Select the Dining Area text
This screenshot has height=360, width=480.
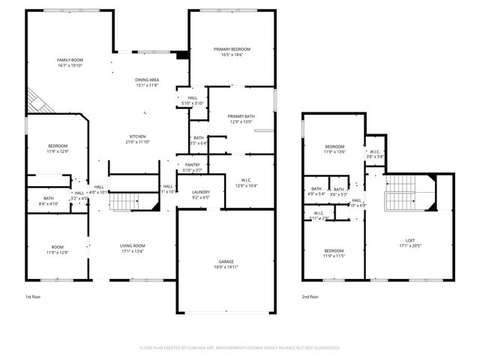click(x=146, y=79)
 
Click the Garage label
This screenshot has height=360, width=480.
click(x=226, y=262)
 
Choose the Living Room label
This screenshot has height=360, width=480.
click(x=133, y=245)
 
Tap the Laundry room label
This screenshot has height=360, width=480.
click(x=200, y=192)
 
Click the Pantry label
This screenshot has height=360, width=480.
click(x=191, y=164)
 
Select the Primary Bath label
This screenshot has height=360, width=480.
click(x=241, y=116)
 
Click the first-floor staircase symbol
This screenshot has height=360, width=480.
click(x=125, y=200)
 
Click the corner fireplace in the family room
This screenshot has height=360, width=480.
click(x=37, y=101)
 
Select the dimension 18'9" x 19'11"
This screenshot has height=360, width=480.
click(x=226, y=267)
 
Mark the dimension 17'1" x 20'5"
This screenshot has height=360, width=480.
click(x=409, y=244)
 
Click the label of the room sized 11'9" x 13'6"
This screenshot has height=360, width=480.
click(x=334, y=146)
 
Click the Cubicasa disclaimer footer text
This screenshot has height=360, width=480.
click(x=239, y=348)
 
